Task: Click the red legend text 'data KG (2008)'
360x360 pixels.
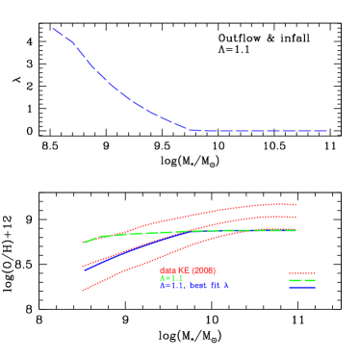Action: coord(187,270)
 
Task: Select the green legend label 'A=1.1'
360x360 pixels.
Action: coord(171,278)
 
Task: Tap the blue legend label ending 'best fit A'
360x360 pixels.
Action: coord(193,286)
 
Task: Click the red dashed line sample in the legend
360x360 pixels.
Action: coord(302,272)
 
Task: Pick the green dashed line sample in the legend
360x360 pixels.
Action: coord(302,280)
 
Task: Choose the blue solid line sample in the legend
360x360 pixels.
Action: coord(302,287)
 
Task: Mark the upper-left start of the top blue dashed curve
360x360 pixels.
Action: coord(53,29)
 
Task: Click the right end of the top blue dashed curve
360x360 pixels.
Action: coord(326,131)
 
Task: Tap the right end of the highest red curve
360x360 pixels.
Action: coord(296,204)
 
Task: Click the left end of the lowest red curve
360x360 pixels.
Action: coord(83,290)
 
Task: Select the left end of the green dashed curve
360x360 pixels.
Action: coord(84,243)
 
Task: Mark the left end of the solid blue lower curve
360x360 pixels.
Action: coord(85,270)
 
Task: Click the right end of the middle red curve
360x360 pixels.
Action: coord(296,217)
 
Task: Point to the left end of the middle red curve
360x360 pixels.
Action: coord(83,265)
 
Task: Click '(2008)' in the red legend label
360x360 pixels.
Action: coord(203,270)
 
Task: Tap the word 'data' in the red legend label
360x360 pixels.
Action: coord(167,270)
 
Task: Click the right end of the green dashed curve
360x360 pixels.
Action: coord(296,230)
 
